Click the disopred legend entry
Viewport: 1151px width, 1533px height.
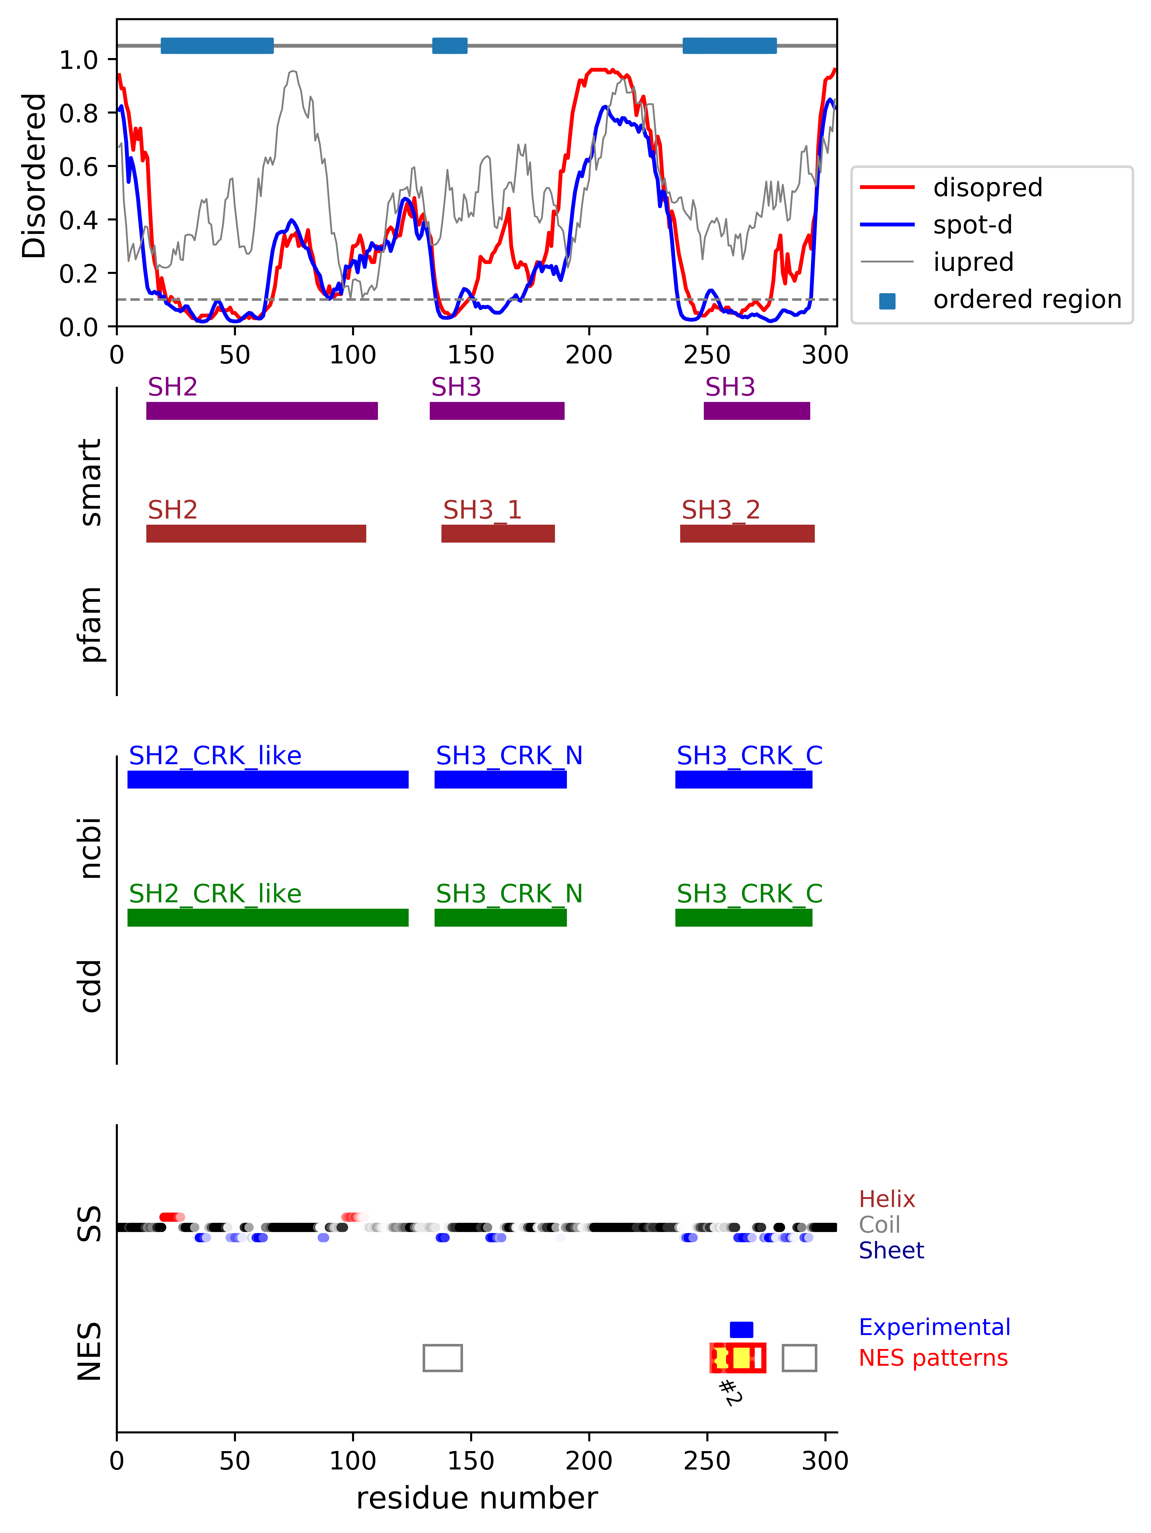click(x=987, y=187)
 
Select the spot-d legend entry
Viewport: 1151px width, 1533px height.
click(x=972, y=225)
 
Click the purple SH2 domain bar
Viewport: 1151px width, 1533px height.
click(x=262, y=411)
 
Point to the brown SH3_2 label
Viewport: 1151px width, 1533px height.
click(x=721, y=510)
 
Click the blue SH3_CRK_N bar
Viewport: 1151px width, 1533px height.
click(x=500, y=780)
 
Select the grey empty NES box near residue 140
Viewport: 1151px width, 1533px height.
click(x=443, y=1358)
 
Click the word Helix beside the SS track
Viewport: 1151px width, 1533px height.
click(x=887, y=1199)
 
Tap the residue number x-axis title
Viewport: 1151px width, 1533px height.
click(x=477, y=1498)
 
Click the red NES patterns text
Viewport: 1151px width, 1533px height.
click(x=933, y=1358)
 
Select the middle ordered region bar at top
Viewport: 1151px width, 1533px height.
click(x=450, y=46)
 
